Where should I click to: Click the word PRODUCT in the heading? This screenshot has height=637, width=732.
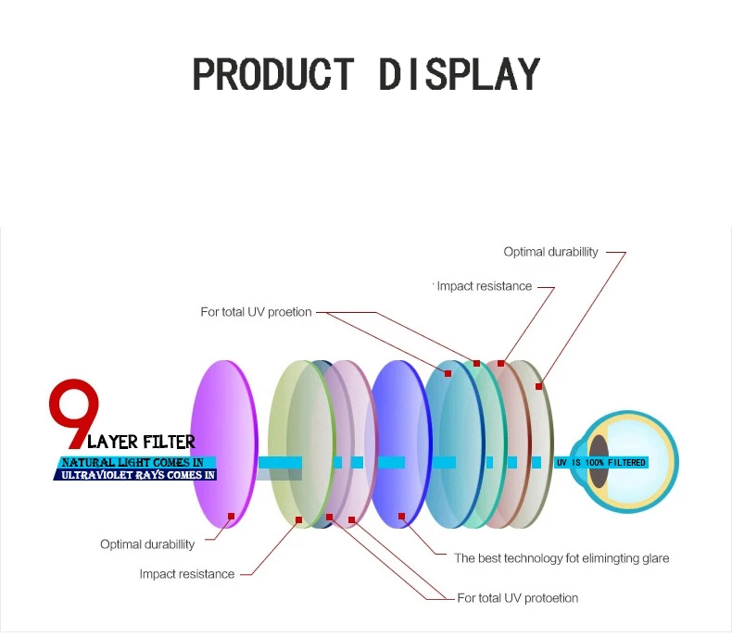[272, 74]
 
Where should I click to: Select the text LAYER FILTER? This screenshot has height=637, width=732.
[141, 443]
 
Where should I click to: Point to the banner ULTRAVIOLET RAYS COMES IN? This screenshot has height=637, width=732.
[135, 475]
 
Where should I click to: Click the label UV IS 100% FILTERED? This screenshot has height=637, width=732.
[600, 462]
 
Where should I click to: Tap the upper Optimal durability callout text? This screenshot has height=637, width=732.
[550, 252]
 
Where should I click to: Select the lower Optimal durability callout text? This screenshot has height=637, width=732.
[147, 544]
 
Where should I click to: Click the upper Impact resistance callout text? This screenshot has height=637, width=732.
[484, 287]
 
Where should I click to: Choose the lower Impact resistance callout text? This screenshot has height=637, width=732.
[187, 574]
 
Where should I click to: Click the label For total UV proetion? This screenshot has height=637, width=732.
[256, 312]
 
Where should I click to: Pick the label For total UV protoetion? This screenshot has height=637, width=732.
[517, 598]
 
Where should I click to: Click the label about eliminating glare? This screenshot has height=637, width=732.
[561, 558]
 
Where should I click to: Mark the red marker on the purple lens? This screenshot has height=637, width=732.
[231, 516]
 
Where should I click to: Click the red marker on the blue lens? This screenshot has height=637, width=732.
[401, 516]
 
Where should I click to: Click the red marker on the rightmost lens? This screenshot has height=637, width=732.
[538, 386]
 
